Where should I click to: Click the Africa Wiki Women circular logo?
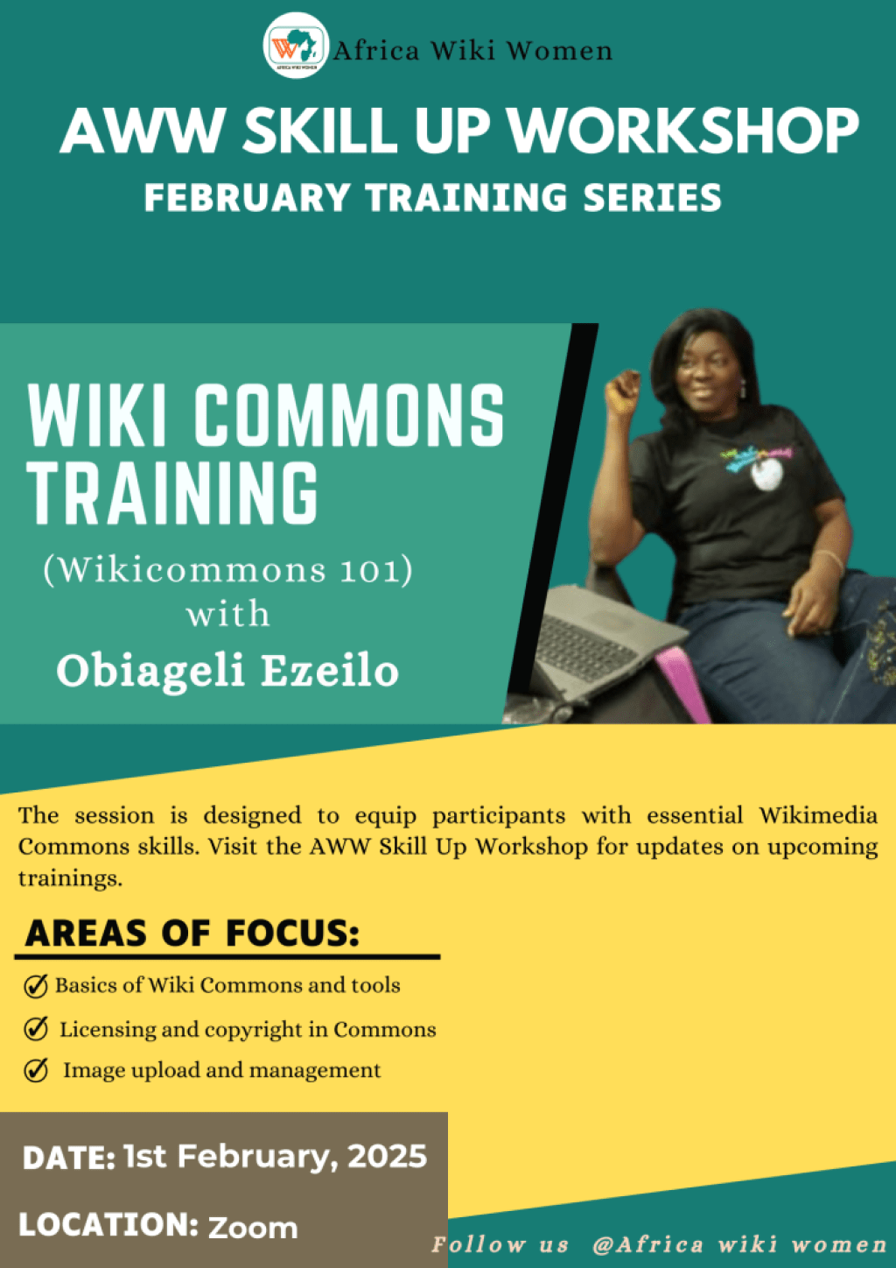296,46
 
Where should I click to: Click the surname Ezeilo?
329,671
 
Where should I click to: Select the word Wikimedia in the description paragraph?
818,816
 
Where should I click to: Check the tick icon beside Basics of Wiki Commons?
36,986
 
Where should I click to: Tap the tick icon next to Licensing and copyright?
36,1028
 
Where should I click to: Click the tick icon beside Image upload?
36,1070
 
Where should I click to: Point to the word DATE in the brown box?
69,1158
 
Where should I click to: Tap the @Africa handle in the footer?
648,1244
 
